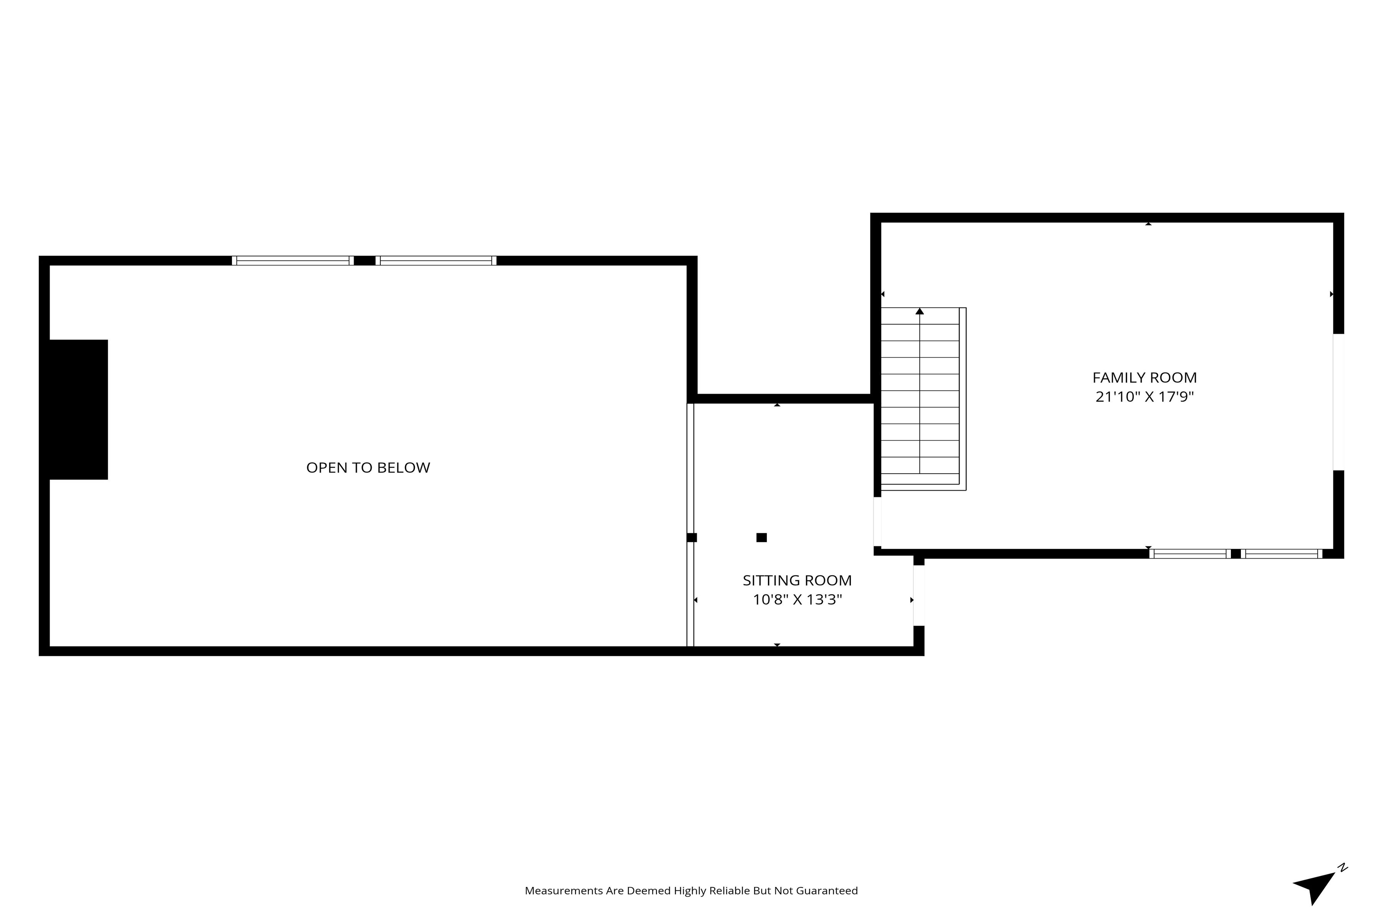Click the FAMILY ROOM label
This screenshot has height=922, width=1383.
coord(1144,378)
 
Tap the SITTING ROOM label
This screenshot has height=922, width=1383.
coord(797,580)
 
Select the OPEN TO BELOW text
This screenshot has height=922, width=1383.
coord(368,468)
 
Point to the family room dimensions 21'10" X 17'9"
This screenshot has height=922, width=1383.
coord(1144,397)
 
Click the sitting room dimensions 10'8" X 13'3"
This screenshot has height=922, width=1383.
coord(798,600)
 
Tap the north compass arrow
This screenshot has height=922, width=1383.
coord(1318,887)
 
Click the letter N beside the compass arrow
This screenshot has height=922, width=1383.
coord(1343,867)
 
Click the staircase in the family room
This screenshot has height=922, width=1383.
coord(923,399)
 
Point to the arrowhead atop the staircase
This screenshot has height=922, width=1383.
coord(920,311)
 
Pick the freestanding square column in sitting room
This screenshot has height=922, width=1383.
coord(761,537)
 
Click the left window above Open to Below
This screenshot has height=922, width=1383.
coord(293,260)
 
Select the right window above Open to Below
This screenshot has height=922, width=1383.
coord(436,260)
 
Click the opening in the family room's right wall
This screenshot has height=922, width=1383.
coord(1338,402)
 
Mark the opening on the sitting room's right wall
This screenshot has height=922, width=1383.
coord(919,596)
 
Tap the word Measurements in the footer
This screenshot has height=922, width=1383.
coord(564,891)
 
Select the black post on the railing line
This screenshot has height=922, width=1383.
coord(692,537)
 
